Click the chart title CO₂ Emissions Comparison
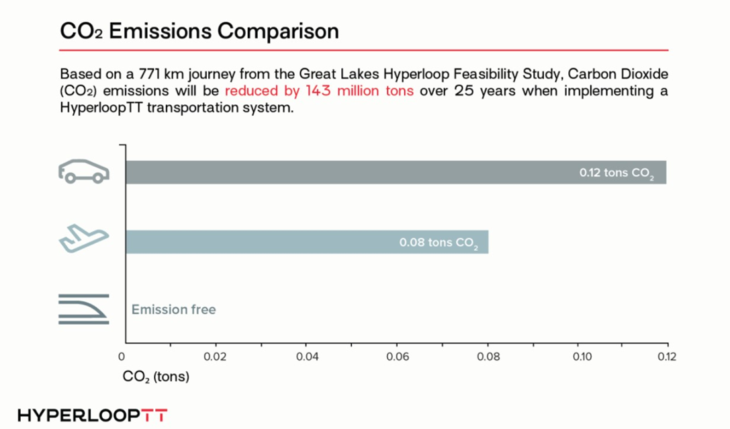click(199, 31)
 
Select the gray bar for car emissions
click(396, 173)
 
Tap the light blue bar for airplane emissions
click(308, 242)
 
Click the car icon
click(84, 171)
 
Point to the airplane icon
click(84, 239)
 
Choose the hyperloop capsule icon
click(84, 309)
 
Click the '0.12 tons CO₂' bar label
click(617, 173)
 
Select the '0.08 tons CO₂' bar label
click(439, 243)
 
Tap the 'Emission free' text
click(174, 309)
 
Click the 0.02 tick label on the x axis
click(215, 357)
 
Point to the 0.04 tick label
click(307, 357)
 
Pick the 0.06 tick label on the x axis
click(398, 357)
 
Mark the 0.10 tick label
click(582, 357)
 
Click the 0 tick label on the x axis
click(122, 357)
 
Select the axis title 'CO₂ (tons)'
click(156, 377)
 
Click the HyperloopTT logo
click(92, 416)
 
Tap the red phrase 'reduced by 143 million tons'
click(320, 91)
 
